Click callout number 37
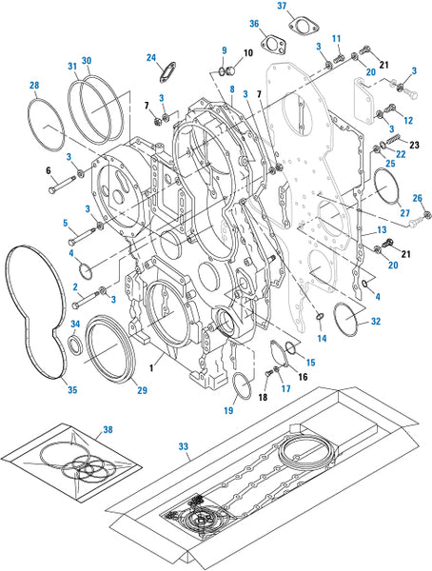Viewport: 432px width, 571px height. [x=282, y=7]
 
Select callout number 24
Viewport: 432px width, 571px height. [x=151, y=57]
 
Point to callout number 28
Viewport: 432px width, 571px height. [x=34, y=86]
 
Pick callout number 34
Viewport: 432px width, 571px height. [x=75, y=325]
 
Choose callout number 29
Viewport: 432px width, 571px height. [x=142, y=390]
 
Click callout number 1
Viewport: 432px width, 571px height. [x=151, y=368]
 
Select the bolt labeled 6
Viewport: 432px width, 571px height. [x=62, y=185]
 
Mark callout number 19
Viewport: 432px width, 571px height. [x=228, y=410]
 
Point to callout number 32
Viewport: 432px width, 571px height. [x=376, y=322]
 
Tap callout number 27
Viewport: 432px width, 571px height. [x=405, y=213]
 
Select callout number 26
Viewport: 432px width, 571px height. [x=418, y=198]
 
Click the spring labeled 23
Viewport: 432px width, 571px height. [x=393, y=141]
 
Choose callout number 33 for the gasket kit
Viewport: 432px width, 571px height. [x=184, y=446]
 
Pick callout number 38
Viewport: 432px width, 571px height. [x=108, y=430]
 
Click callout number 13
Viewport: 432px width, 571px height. [x=382, y=230]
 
